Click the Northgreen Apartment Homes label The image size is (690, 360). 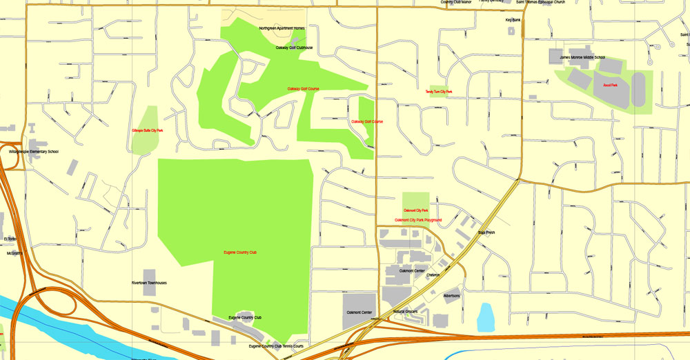(x=282, y=28)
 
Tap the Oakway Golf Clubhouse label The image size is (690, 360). (x=294, y=48)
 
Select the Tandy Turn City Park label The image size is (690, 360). (x=439, y=91)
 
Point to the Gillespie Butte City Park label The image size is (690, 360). (x=148, y=130)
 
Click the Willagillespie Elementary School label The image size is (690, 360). (x=34, y=151)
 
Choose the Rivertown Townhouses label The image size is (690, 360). (x=149, y=283)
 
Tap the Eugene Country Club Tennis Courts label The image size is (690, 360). (x=276, y=346)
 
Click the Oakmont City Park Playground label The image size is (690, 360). (x=418, y=220)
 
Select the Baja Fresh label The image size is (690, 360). (x=486, y=232)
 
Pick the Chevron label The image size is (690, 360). (x=433, y=275)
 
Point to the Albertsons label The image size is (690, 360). (x=452, y=296)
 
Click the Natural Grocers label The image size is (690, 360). (x=406, y=312)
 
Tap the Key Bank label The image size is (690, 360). (x=513, y=20)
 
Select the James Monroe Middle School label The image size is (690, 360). (x=582, y=57)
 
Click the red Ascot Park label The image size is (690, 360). (x=610, y=86)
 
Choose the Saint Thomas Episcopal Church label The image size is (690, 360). (x=540, y=2)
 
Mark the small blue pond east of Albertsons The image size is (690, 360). (x=485, y=317)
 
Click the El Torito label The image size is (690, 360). (x=10, y=239)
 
